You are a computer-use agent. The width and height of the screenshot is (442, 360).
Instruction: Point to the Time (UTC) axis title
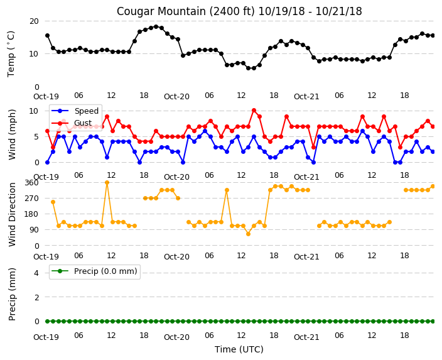[239, 349]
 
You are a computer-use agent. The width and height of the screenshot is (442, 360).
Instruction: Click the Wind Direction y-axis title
[12, 214]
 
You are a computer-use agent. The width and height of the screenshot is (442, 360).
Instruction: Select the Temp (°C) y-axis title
[11, 54]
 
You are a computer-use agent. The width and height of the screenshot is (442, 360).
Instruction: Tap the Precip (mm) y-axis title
[12, 294]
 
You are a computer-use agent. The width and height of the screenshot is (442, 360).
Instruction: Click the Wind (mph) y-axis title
[12, 135]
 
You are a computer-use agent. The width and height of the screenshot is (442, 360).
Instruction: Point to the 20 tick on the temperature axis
[34, 21]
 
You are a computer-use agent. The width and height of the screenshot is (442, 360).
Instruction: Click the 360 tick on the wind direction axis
[32, 183]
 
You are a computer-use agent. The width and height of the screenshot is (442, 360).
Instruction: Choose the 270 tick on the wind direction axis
[32, 199]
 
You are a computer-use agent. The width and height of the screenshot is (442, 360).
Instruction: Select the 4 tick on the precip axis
[36, 273]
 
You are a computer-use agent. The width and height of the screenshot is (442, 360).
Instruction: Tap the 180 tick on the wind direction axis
[32, 214]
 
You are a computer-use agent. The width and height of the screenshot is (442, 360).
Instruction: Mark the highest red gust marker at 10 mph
[254, 111]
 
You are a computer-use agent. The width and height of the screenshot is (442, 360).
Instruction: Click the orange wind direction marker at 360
[107, 183]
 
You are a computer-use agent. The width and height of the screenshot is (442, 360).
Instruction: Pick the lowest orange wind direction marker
[249, 234]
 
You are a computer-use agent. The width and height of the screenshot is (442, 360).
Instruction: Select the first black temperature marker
[47, 36]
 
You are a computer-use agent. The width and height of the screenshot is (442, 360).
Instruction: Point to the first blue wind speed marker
[47, 163]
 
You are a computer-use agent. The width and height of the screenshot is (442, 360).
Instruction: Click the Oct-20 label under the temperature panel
[176, 97]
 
